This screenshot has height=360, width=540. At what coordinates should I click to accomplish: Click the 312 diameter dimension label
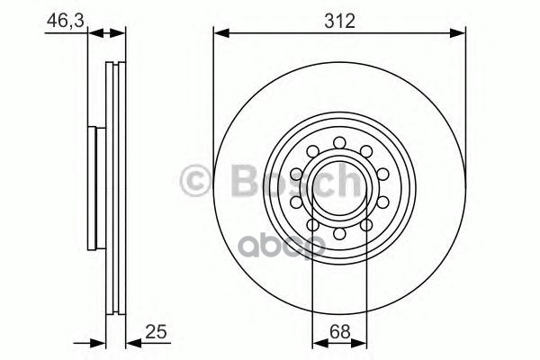point(339,21)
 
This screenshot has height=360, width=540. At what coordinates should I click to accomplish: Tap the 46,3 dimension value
point(66,21)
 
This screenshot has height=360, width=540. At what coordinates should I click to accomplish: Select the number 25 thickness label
point(156,332)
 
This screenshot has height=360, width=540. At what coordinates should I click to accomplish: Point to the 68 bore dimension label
point(340,332)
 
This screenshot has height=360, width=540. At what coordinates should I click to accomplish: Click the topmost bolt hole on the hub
point(339,142)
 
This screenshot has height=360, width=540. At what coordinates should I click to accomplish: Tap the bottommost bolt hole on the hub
point(339,234)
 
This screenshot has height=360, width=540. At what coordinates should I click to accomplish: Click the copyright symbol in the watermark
point(195,181)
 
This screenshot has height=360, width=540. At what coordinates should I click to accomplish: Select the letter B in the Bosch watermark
point(245,181)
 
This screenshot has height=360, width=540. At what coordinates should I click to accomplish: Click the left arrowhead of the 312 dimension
point(221,33)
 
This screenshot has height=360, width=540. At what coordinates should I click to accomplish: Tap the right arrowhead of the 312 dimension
point(458,33)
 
